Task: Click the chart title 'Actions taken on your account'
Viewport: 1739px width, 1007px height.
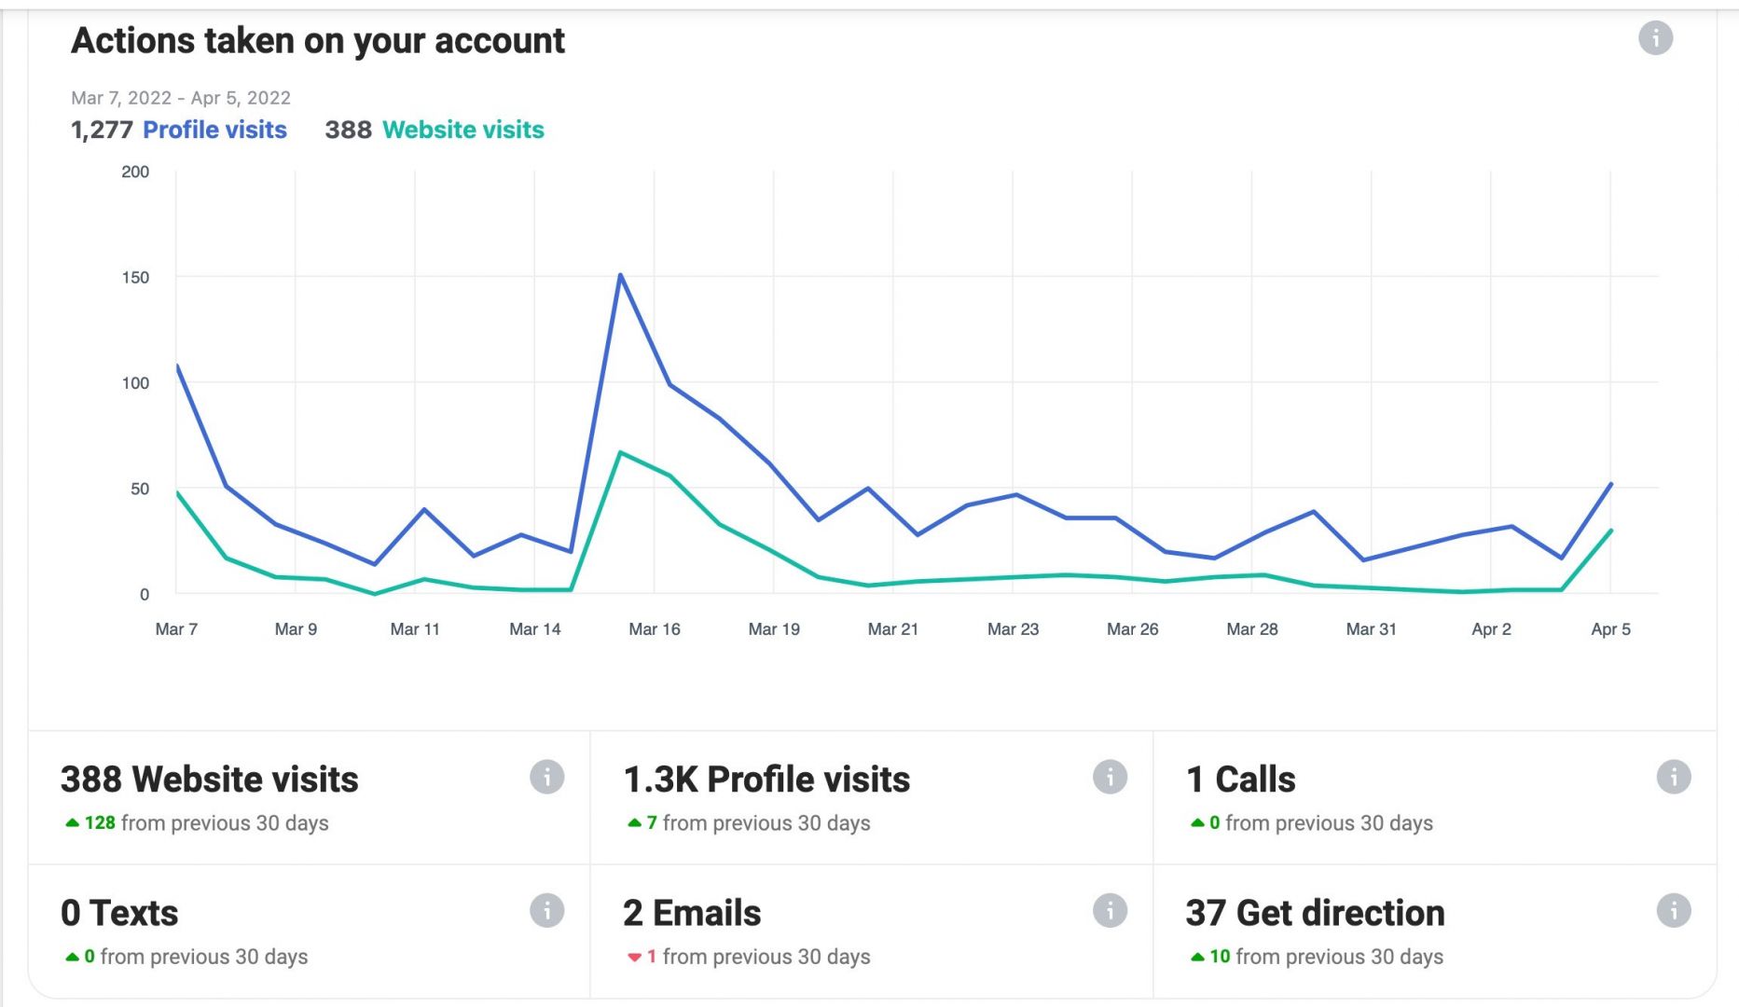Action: tap(318, 41)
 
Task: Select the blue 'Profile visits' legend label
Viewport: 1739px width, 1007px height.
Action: tap(214, 130)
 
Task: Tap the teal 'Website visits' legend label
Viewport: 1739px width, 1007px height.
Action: tap(462, 130)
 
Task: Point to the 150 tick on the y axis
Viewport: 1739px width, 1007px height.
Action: tap(135, 277)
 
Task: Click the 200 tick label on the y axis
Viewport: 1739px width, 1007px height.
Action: tap(135, 172)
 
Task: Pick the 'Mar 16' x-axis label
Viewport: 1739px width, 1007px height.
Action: tap(655, 629)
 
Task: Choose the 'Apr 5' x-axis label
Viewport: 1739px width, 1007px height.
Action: tap(1610, 629)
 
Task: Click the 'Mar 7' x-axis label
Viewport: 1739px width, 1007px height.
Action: tap(176, 629)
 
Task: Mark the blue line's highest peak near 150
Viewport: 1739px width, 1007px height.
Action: tap(620, 275)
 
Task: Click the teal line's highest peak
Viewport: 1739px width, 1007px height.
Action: tap(620, 452)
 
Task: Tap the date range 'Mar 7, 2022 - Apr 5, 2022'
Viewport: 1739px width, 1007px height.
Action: tap(181, 98)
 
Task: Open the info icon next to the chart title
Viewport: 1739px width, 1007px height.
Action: tap(1655, 38)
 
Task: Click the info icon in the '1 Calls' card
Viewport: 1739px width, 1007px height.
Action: tap(1673, 777)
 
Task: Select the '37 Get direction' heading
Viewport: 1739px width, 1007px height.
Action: tap(1315, 913)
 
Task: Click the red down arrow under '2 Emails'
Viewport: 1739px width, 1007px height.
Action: tap(634, 958)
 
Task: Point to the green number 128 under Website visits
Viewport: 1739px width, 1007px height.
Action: tap(100, 823)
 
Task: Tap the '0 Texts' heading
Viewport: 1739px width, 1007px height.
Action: tap(119, 913)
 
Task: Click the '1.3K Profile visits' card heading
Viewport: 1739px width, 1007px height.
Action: tap(766, 779)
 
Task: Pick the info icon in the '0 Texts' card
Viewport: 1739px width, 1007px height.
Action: tap(546, 910)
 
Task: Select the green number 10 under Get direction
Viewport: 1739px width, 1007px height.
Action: tap(1220, 957)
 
